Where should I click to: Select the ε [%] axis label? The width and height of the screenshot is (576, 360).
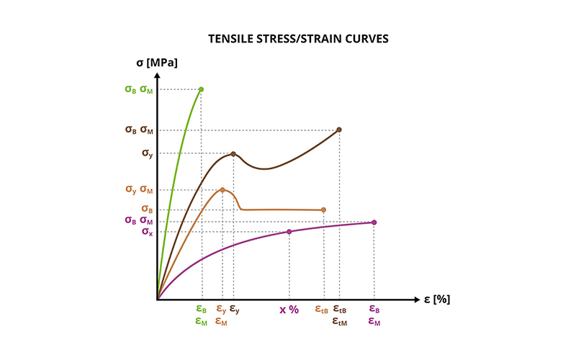pos(437,299)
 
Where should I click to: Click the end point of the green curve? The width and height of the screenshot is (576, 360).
pos(201,89)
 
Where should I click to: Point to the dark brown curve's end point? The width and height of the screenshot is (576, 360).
pos(339,130)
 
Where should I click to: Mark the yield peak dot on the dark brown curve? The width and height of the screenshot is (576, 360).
pos(233,154)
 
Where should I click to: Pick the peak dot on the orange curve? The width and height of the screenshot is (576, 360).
pos(222,190)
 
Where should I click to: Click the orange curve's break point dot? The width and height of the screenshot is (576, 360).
pos(323,210)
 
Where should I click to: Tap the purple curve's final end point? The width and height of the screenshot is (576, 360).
pos(374,222)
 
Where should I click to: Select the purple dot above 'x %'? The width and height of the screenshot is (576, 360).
pos(289,231)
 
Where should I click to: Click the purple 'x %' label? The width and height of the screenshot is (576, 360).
pos(289,310)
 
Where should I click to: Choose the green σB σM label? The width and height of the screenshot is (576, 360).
pos(138,90)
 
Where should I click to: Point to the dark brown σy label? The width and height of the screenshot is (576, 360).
pos(147,153)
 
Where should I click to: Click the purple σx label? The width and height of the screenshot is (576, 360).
pos(147,232)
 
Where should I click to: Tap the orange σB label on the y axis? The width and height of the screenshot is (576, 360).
pos(147,210)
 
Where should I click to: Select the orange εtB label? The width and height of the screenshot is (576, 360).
pos(322,310)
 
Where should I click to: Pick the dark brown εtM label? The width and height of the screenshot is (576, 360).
pos(340,323)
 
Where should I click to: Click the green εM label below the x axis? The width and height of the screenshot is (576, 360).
pos(202,322)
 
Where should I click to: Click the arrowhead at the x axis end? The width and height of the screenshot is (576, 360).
pos(417,299)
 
